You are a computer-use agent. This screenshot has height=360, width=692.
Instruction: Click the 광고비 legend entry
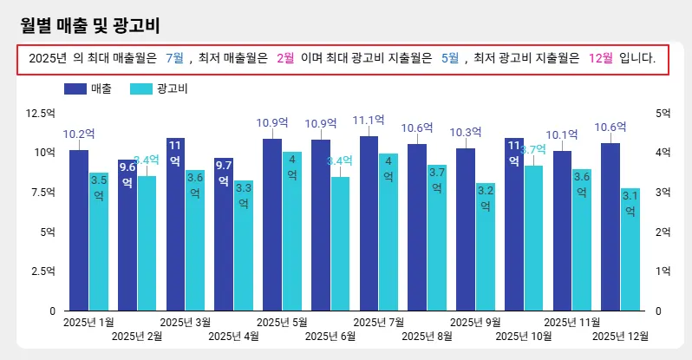click(x=159, y=88)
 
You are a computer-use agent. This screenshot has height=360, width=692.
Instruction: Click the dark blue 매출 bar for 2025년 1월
click(x=79, y=230)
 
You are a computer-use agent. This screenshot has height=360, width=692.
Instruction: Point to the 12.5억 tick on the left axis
click(x=41, y=113)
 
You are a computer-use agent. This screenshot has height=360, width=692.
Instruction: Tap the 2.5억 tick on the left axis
click(x=41, y=272)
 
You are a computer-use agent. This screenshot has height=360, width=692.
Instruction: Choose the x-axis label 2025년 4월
click(x=233, y=336)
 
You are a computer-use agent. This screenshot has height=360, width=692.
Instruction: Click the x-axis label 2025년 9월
click(x=475, y=323)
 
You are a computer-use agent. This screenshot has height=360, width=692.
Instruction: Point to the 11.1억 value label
click(x=369, y=121)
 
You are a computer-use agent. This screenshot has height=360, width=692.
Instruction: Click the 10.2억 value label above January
click(x=79, y=134)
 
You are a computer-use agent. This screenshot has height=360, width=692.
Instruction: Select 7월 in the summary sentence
click(x=174, y=58)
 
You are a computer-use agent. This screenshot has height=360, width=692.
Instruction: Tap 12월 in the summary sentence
click(x=600, y=58)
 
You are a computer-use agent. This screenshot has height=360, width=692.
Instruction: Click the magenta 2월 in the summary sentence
click(x=285, y=58)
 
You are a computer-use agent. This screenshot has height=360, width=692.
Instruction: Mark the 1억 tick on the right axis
click(x=663, y=272)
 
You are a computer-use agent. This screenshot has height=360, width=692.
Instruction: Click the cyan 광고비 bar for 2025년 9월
click(x=485, y=247)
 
